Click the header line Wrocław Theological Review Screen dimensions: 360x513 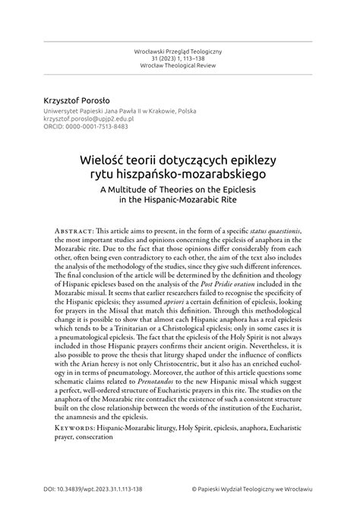pyautogui.click(x=180, y=67)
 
